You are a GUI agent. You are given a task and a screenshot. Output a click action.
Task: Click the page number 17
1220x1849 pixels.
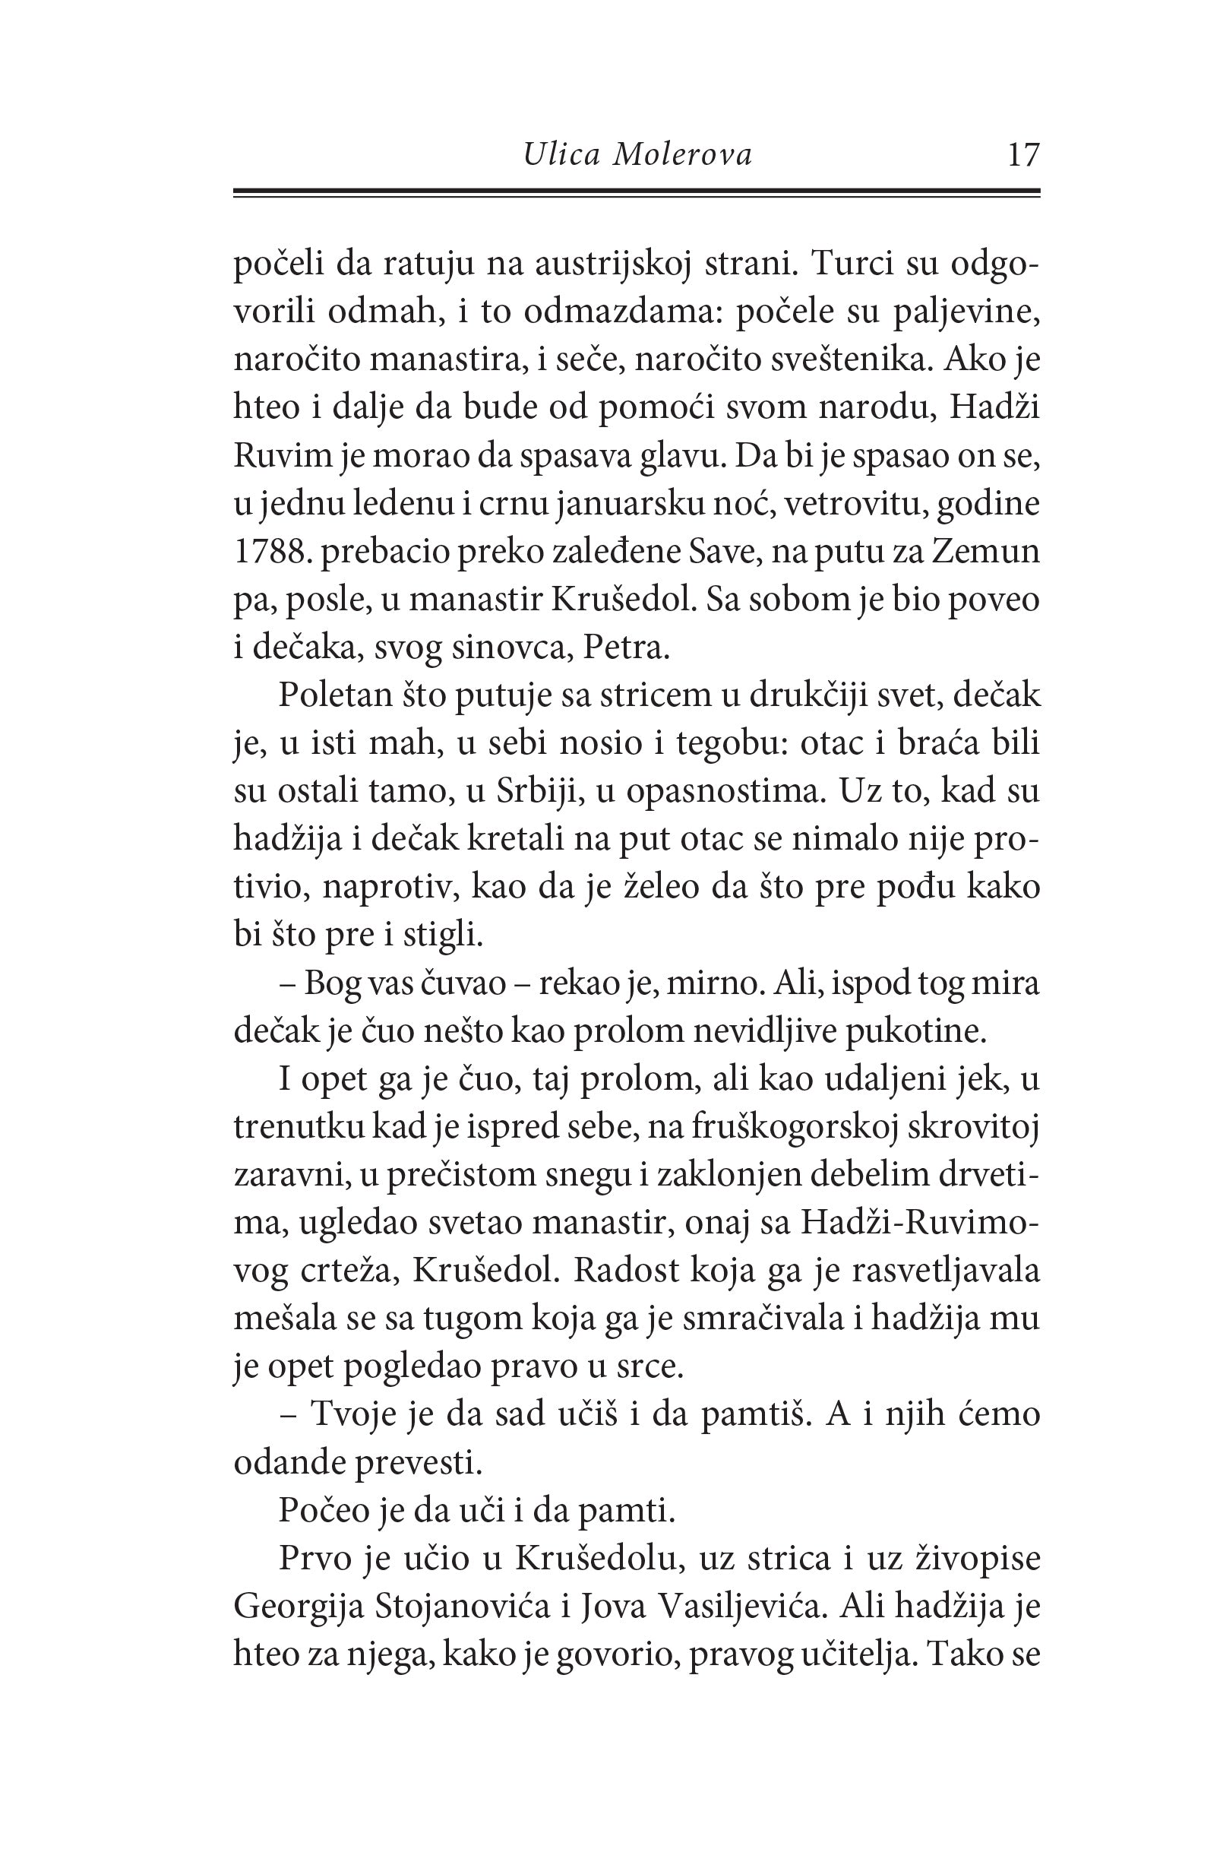point(1022,156)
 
